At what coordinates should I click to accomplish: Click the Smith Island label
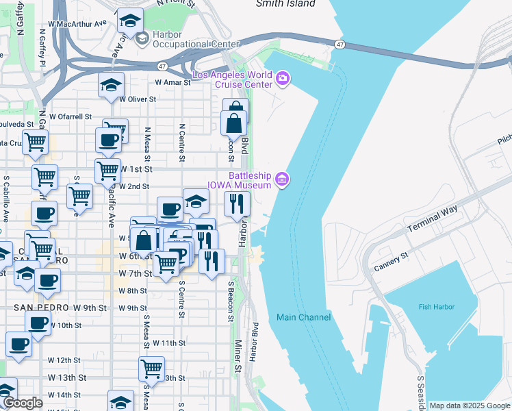pyautogui.click(x=285, y=3)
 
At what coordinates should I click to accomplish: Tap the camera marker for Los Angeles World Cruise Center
pyautogui.click(x=283, y=80)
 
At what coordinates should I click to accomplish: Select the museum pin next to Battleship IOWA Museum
pyautogui.click(x=281, y=180)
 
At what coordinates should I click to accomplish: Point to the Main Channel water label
pyautogui.click(x=303, y=317)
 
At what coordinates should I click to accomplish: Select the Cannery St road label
pyautogui.click(x=389, y=259)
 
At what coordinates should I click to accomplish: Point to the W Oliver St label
pyautogui.click(x=138, y=99)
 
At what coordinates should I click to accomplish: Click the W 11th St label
pyautogui.click(x=169, y=342)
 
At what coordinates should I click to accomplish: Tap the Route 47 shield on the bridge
pyautogui.click(x=340, y=45)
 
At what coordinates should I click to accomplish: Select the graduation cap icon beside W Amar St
pyautogui.click(x=111, y=85)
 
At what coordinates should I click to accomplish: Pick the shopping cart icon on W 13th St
pyautogui.click(x=151, y=369)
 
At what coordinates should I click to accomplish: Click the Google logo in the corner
pyautogui.click(x=23, y=403)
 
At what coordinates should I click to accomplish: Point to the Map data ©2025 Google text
pyautogui.click(x=470, y=406)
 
